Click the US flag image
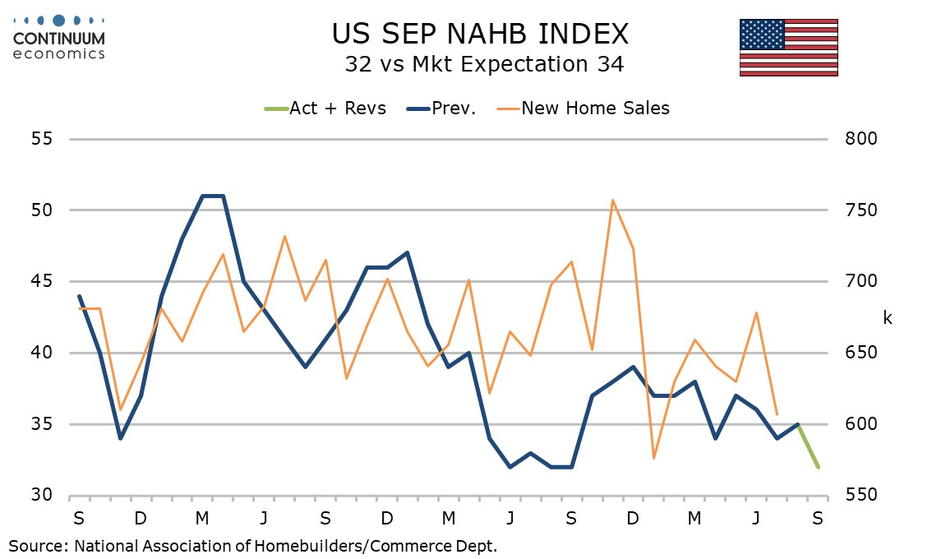coord(789,48)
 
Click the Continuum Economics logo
coord(58,38)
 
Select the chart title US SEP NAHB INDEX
coord(480,34)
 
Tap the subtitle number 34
coord(611,64)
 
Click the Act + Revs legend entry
coord(325,109)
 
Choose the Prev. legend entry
coord(441,109)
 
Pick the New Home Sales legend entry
coord(583,109)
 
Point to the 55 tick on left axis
coord(42,139)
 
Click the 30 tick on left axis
coord(42,495)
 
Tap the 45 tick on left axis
coord(42,280)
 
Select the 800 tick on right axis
coord(860,139)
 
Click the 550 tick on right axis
coord(860,495)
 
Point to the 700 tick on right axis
coord(860,280)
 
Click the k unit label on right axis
coord(888,318)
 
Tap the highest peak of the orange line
coord(612,200)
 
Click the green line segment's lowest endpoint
coord(819,468)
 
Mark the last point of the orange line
coord(777,414)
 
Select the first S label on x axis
coord(78,519)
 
